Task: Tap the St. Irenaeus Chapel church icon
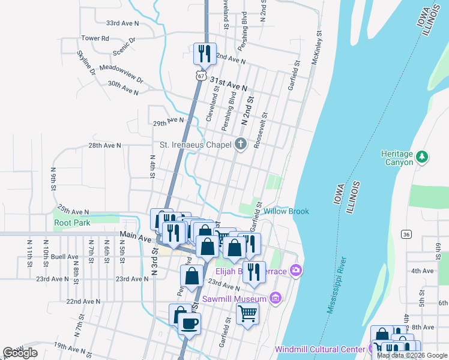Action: (241, 144)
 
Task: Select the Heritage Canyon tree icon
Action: (423, 156)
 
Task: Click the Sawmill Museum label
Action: (242, 299)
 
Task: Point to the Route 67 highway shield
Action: (200, 76)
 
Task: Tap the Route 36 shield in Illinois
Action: (407, 233)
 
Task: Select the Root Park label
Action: (71, 223)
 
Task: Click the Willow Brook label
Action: (286, 211)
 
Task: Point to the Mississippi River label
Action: (337, 285)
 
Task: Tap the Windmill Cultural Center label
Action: (321, 349)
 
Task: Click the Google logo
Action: (20, 353)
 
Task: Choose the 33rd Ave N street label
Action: (122, 23)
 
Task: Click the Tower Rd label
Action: (95, 38)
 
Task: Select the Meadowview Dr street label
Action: (122, 74)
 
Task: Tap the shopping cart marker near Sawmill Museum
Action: (247, 313)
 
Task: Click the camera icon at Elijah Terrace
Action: (295, 271)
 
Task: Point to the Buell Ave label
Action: (65, 257)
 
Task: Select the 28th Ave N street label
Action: (104, 145)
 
